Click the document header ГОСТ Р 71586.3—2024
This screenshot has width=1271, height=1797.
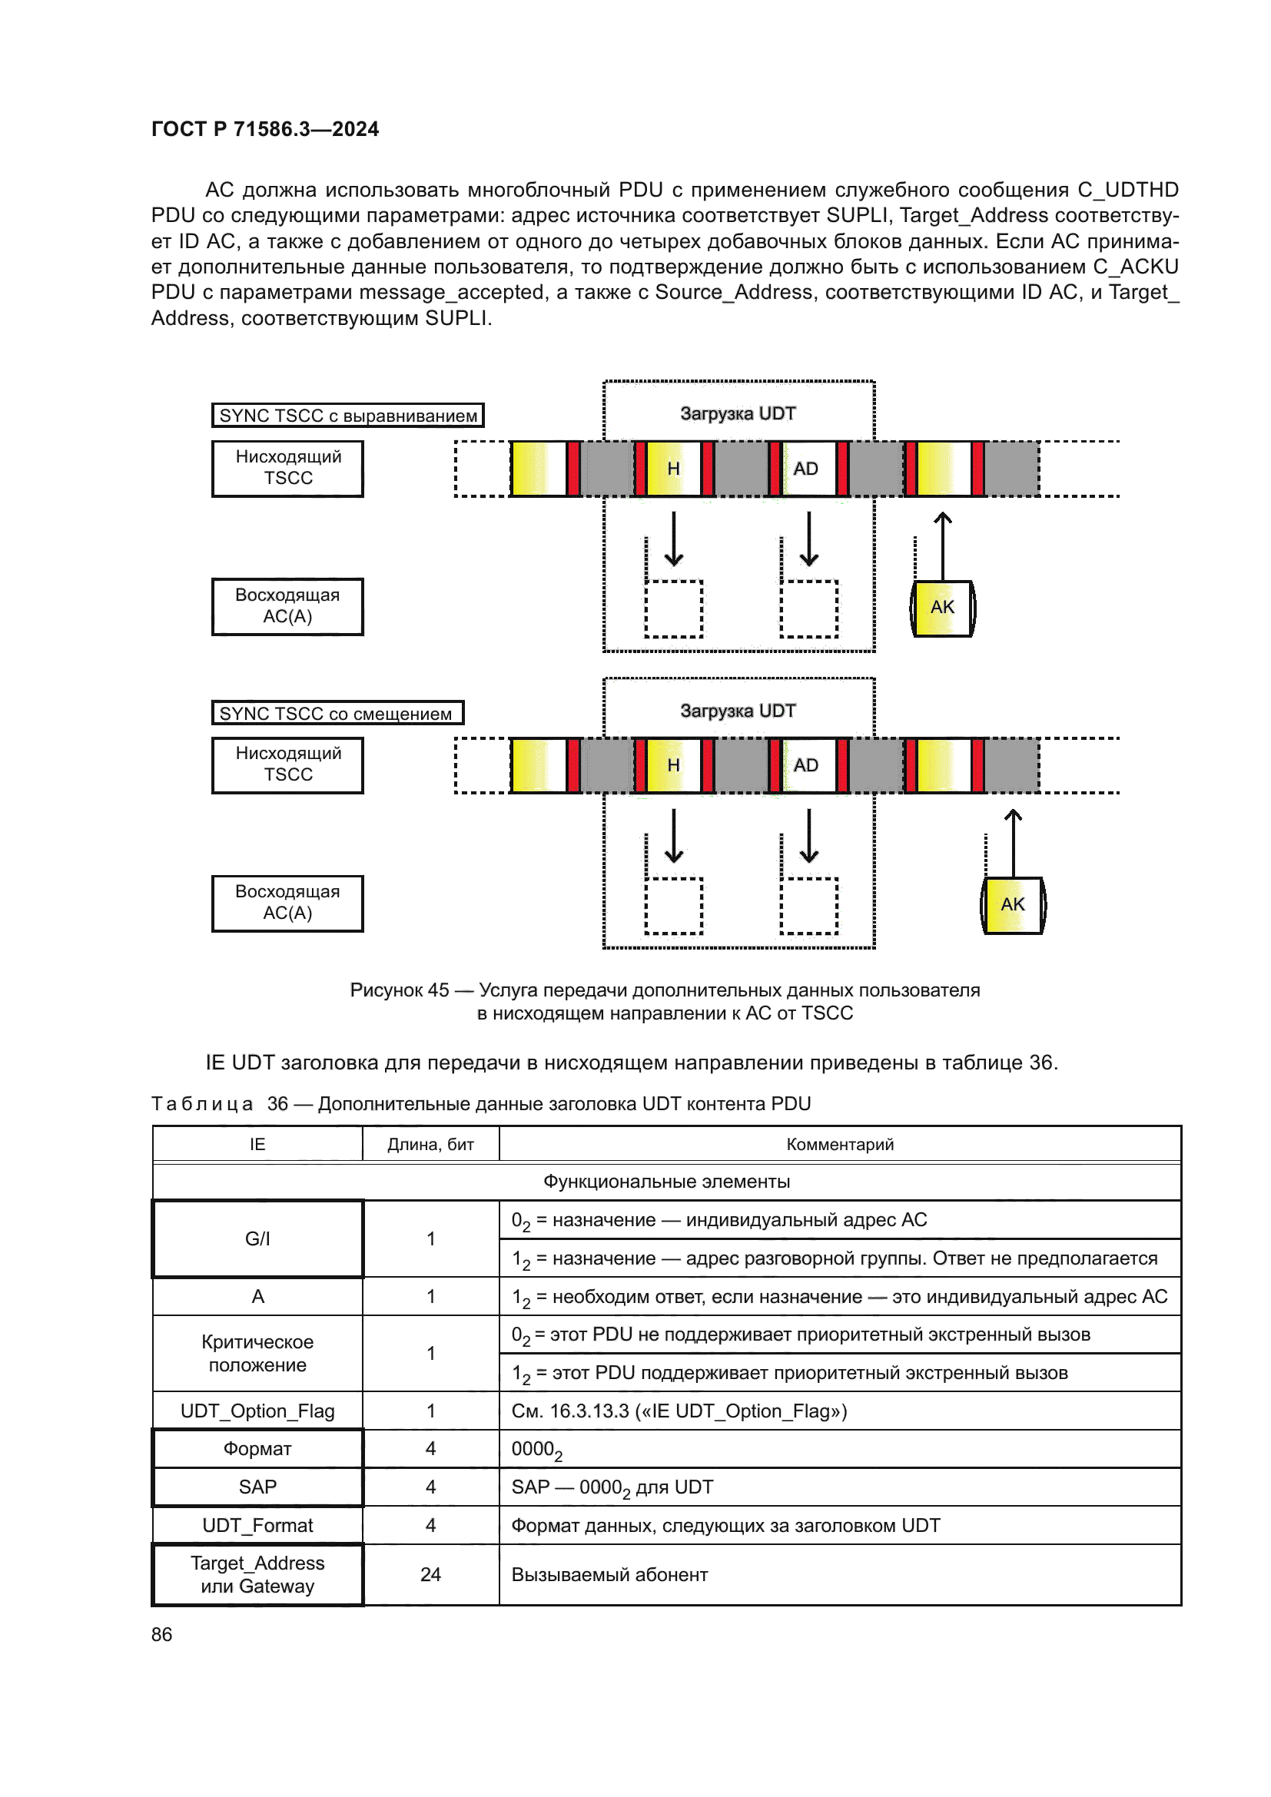[264, 129]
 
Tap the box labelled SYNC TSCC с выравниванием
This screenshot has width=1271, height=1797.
[347, 416]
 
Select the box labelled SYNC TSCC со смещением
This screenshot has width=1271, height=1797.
[337, 713]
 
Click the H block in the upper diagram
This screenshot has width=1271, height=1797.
[673, 468]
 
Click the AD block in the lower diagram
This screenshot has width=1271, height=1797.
[806, 764]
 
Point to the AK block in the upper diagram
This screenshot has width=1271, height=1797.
[942, 608]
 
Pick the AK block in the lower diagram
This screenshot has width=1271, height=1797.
[1013, 905]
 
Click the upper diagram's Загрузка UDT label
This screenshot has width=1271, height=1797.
[737, 413]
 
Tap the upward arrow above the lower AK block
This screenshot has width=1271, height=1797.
[1013, 841]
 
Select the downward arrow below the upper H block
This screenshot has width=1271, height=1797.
[674, 539]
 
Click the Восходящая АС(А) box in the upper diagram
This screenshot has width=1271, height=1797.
[287, 605]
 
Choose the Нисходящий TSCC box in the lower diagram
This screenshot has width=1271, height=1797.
[287, 764]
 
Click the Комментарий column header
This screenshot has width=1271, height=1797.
[839, 1144]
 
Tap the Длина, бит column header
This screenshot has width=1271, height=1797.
[430, 1144]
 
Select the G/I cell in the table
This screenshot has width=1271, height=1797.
[257, 1239]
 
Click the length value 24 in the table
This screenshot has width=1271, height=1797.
[430, 1575]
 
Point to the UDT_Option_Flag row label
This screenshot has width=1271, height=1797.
[257, 1411]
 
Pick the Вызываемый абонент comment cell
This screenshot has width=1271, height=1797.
[609, 1575]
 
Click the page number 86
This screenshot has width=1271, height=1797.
[161, 1634]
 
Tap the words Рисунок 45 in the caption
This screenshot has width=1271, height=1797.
[399, 990]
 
